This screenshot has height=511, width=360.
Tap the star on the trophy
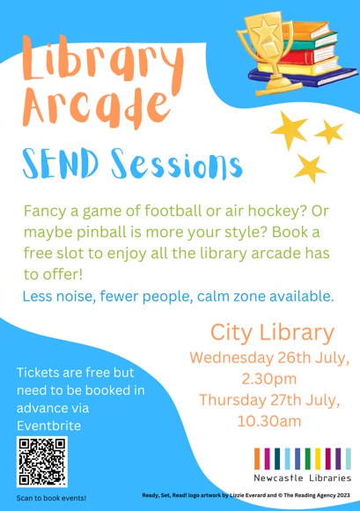coord(266,32)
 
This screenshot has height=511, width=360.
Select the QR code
coord(42,462)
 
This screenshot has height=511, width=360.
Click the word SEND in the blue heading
coord(61,163)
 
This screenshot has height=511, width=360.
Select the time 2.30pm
coord(268,379)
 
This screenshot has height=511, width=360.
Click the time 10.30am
coord(269,421)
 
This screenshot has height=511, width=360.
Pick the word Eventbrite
coord(48,426)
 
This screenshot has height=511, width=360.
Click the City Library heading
coord(273,333)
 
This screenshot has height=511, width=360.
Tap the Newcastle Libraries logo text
coord(303,478)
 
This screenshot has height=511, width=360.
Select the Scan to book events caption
coord(51,498)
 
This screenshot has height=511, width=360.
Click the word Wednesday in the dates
coord(231,359)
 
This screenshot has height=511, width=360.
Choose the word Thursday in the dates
coord(232,400)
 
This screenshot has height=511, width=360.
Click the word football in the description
coord(173,211)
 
